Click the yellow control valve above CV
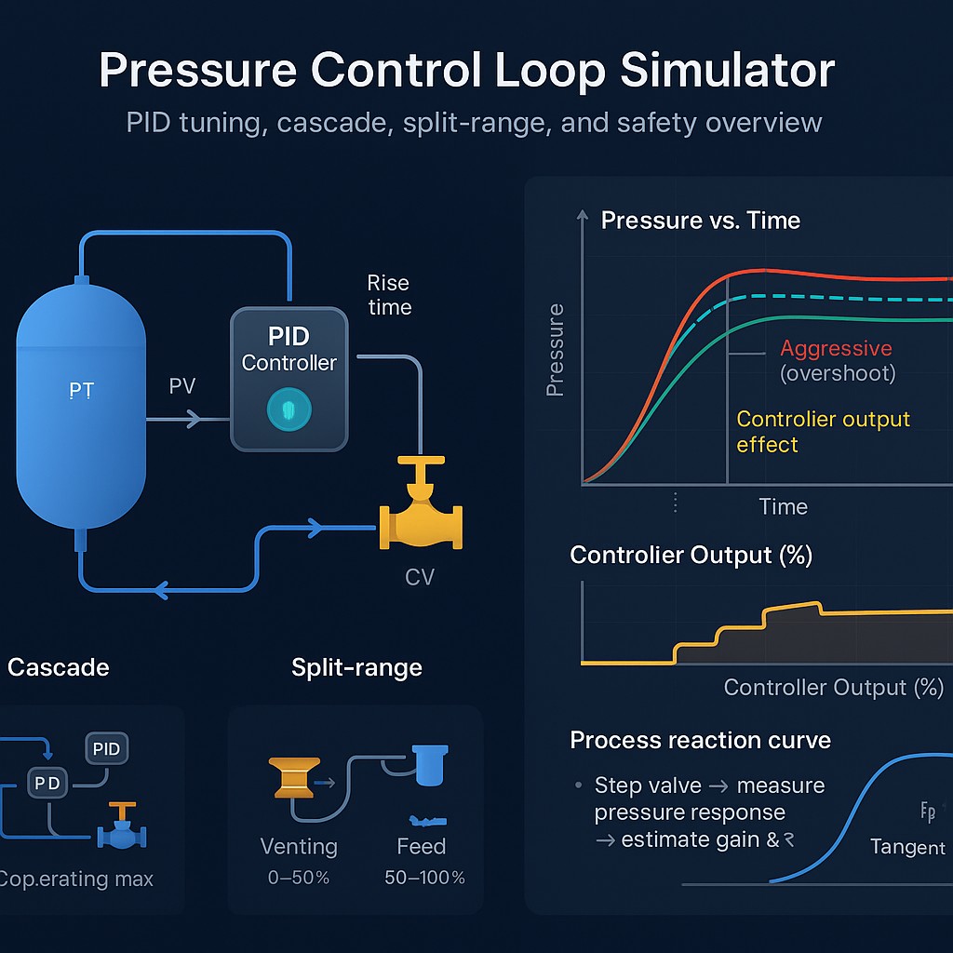tap(421, 517)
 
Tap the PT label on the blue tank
tap(82, 391)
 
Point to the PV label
tap(182, 385)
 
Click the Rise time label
tap(389, 294)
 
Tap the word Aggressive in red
tap(836, 349)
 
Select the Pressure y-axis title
tap(556, 350)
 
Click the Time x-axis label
tap(783, 506)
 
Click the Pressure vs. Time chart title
tap(700, 221)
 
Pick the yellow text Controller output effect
tap(823, 432)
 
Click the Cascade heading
tap(58, 667)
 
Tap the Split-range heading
tap(356, 667)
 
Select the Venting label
tap(299, 846)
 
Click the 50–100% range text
tap(424, 878)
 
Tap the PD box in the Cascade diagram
tap(47, 784)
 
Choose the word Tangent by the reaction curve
tap(907, 847)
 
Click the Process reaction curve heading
tap(700, 740)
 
